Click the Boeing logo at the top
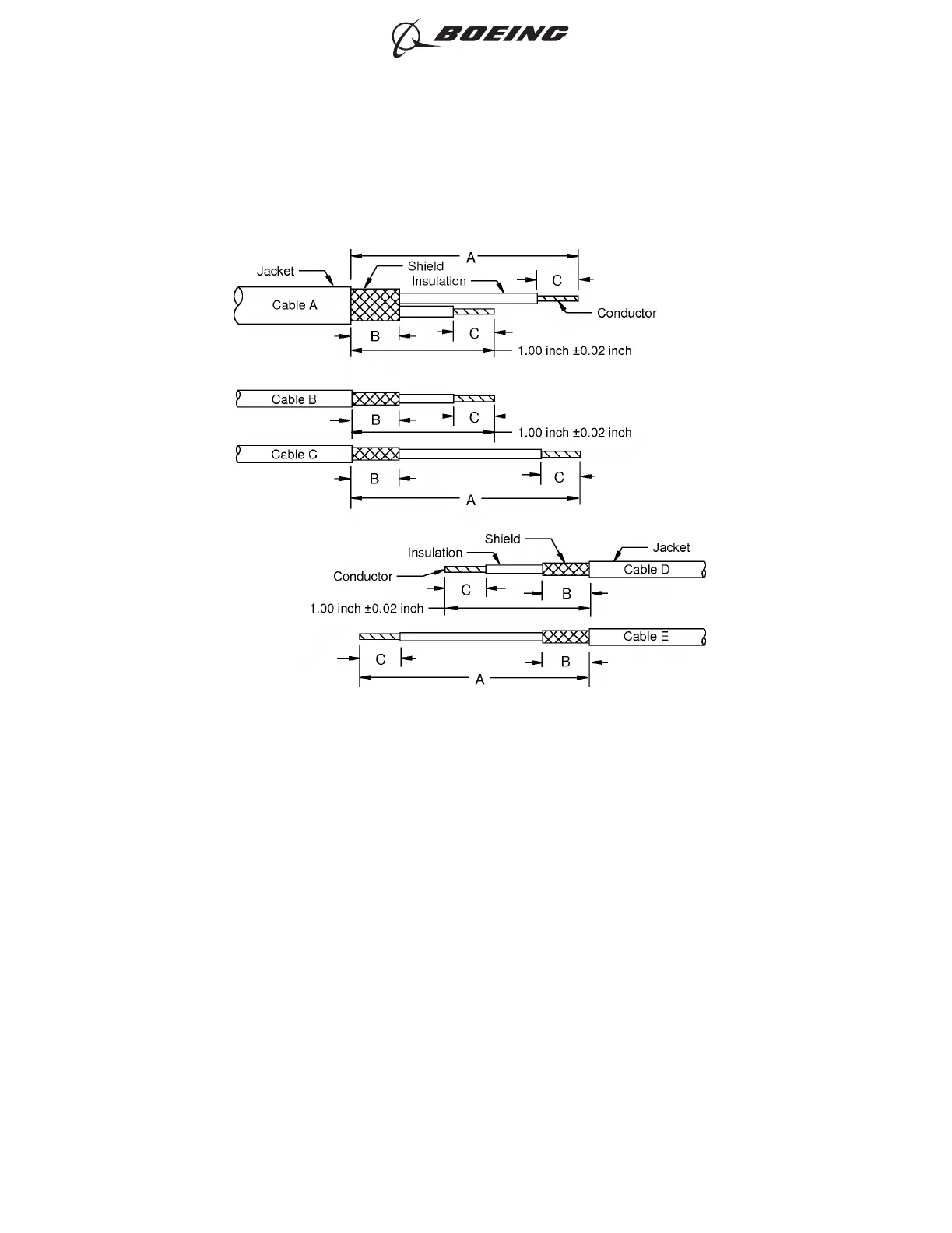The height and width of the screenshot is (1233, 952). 480,36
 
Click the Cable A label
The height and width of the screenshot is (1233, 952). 294,305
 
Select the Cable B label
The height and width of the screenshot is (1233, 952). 293,399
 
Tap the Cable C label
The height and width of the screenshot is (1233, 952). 293,455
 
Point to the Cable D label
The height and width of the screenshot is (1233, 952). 646,570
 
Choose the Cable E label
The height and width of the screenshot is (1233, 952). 645,637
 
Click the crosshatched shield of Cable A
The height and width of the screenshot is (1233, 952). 375,304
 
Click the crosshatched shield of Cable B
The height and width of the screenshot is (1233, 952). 375,399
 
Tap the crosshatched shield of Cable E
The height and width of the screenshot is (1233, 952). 565,637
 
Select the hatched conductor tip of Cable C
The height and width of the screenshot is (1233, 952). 560,455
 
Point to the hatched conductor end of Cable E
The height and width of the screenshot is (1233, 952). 379,637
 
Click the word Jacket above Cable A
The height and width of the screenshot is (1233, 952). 276,271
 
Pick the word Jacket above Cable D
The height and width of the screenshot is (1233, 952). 671,548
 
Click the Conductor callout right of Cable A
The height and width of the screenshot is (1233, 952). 626,313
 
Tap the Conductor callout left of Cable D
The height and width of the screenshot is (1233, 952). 362,577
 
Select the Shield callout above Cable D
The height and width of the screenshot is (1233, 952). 502,539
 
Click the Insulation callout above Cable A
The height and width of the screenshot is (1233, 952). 439,281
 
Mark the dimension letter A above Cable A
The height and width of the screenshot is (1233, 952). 471,257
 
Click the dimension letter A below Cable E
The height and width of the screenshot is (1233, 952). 480,680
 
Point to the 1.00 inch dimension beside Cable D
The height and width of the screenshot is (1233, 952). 366,609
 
